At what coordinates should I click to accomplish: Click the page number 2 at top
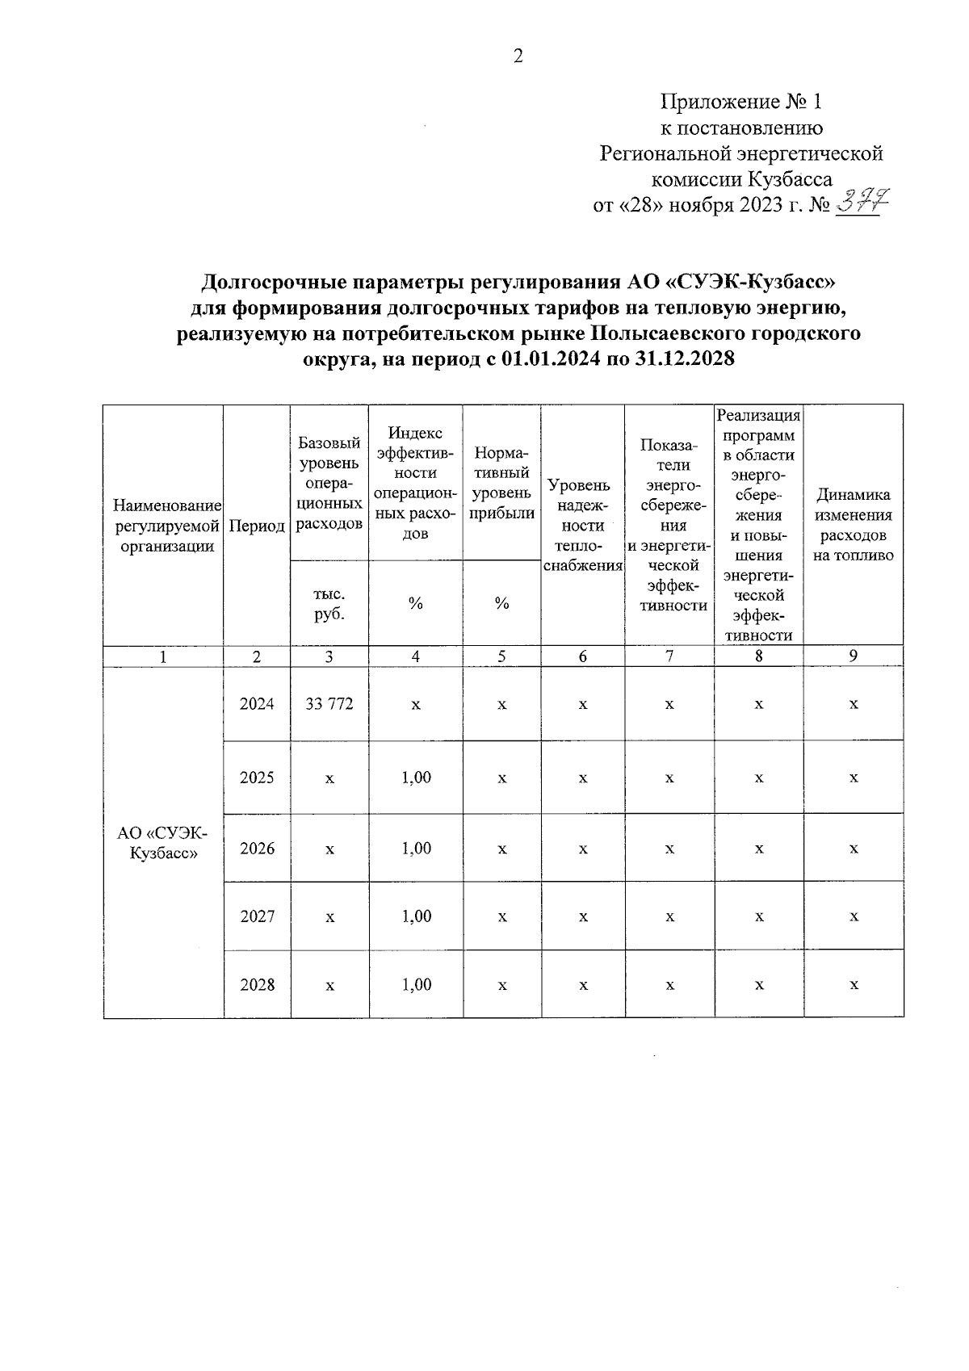[518, 56]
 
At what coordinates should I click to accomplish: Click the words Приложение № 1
[740, 102]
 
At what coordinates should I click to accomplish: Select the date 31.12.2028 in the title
[685, 358]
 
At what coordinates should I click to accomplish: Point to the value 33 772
[329, 704]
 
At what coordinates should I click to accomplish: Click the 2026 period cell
[257, 849]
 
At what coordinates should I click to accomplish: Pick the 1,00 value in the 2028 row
[416, 984]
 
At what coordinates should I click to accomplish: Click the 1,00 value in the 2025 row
[416, 778]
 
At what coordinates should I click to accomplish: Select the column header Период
[257, 526]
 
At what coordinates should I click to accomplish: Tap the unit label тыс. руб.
[329, 603]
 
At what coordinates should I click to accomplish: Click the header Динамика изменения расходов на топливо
[854, 525]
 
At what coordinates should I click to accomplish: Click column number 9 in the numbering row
[854, 656]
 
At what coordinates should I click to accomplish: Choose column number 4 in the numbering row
[415, 656]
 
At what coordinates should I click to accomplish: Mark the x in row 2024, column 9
[854, 705]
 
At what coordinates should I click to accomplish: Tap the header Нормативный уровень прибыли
[501, 483]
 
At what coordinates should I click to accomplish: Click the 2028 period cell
[257, 984]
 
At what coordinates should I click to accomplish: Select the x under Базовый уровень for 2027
[329, 917]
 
